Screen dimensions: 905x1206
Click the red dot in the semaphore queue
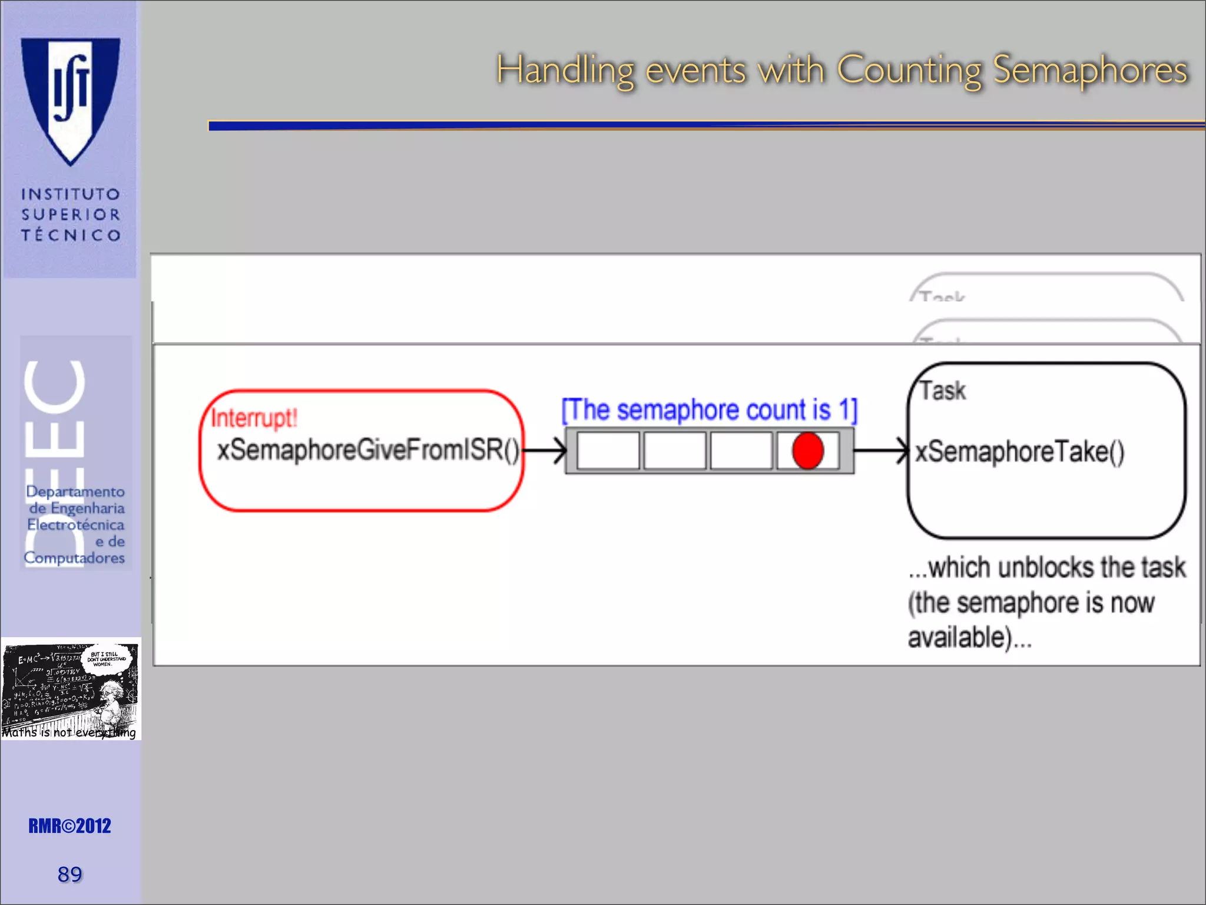point(807,451)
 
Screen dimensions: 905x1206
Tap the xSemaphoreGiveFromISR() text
point(368,451)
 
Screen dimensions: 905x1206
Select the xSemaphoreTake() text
point(1019,452)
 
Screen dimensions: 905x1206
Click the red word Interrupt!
point(254,418)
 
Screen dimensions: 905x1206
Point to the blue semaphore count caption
point(709,410)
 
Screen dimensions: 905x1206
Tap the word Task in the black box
point(943,391)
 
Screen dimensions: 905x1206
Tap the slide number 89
point(69,874)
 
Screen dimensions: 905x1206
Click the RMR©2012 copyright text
point(69,826)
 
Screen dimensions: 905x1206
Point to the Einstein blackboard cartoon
point(71,688)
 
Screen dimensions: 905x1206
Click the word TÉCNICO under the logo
point(71,235)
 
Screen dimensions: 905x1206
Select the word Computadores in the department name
point(74,557)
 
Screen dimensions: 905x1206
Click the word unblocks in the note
point(1045,567)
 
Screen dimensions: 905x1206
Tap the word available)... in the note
point(969,638)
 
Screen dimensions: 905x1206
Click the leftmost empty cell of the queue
point(608,451)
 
